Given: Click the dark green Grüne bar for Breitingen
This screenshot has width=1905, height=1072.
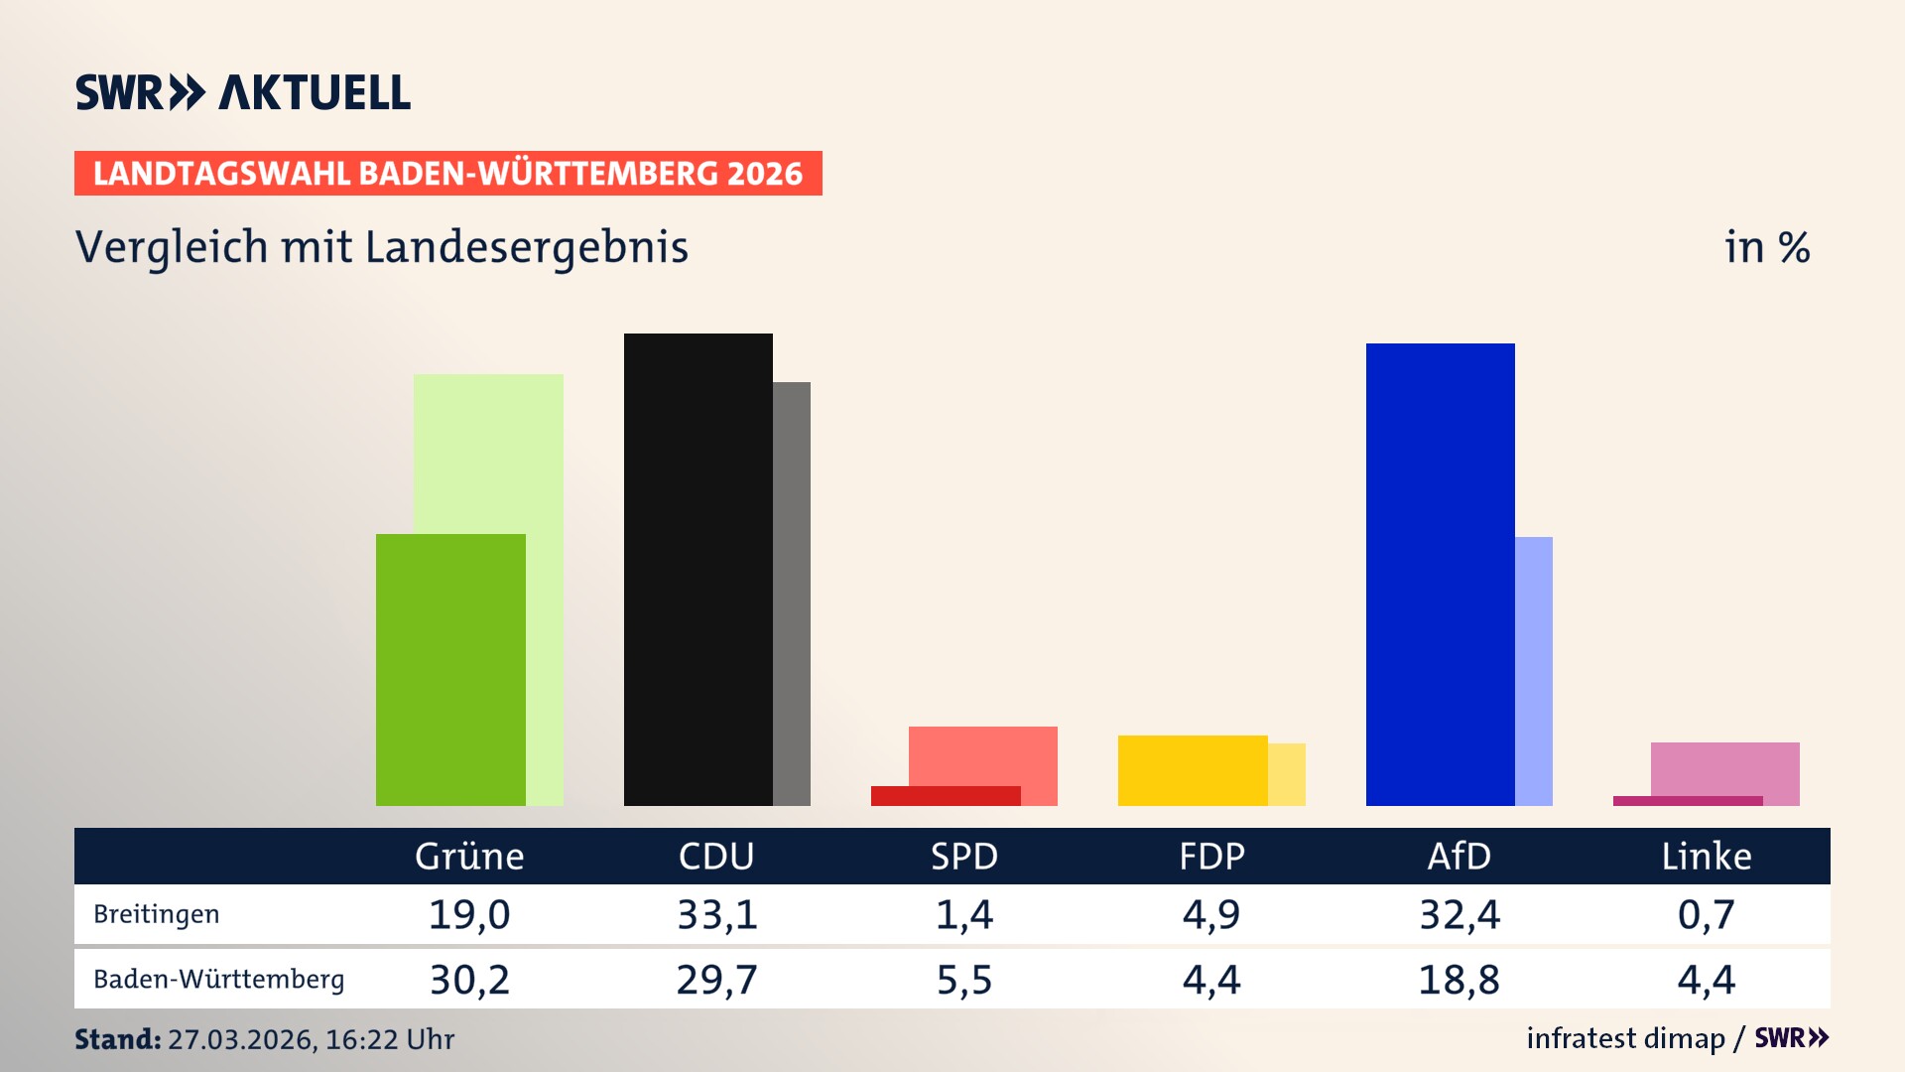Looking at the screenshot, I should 450,670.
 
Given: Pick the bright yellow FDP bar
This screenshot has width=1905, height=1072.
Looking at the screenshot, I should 1192,770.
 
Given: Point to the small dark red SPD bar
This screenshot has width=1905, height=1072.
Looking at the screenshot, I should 945,796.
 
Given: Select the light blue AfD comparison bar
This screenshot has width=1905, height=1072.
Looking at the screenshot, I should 1534,671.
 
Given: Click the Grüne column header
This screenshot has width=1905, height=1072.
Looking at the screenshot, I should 469,857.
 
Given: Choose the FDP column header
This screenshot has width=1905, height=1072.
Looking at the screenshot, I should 1211,857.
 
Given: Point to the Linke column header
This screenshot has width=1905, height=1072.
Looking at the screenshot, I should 1707,857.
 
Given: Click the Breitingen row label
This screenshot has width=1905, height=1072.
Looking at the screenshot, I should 157,914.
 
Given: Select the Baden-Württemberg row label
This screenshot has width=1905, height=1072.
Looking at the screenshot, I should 219,980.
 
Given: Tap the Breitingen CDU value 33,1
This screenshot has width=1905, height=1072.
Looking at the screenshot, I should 717,914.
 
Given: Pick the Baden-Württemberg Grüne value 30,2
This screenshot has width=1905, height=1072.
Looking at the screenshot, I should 469,980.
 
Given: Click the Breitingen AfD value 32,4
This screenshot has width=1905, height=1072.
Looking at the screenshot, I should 1460,914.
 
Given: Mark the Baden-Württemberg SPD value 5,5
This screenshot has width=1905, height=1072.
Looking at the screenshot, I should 964,980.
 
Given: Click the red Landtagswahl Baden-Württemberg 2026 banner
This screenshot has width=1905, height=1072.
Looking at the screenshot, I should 447,174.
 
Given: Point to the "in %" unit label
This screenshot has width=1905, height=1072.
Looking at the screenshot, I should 1767,248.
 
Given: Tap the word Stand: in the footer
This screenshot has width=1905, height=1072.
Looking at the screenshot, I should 117,1039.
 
